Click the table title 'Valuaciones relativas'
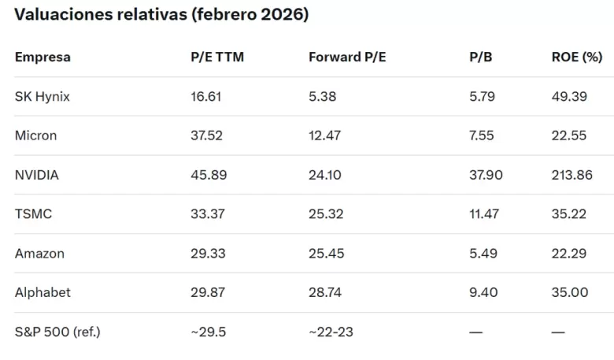pyautogui.click(x=101, y=14)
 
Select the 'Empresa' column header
pyautogui.click(x=43, y=58)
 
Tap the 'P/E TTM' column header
pyautogui.click(x=217, y=58)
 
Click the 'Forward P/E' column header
pyautogui.click(x=347, y=58)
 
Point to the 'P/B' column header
pyautogui.click(x=480, y=58)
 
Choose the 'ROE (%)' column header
pyautogui.click(x=577, y=58)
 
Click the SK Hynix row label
pyautogui.click(x=43, y=97)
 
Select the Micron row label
pyautogui.click(x=35, y=135)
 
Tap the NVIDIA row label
pyautogui.click(x=37, y=175)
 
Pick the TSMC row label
pyautogui.click(x=33, y=214)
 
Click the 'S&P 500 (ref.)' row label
pyautogui.click(x=57, y=332)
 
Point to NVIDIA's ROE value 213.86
pyautogui.click(x=572, y=175)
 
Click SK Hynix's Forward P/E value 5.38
pyautogui.click(x=322, y=97)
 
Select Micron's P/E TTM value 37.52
pyautogui.click(x=206, y=135)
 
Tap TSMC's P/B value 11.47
pyautogui.click(x=484, y=214)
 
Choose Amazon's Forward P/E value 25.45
pyautogui.click(x=326, y=254)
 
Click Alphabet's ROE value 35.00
pyautogui.click(x=570, y=292)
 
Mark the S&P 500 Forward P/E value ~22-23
pyautogui.click(x=331, y=332)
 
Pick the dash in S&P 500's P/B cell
pyautogui.click(x=475, y=332)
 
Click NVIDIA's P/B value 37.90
pyautogui.click(x=486, y=175)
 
